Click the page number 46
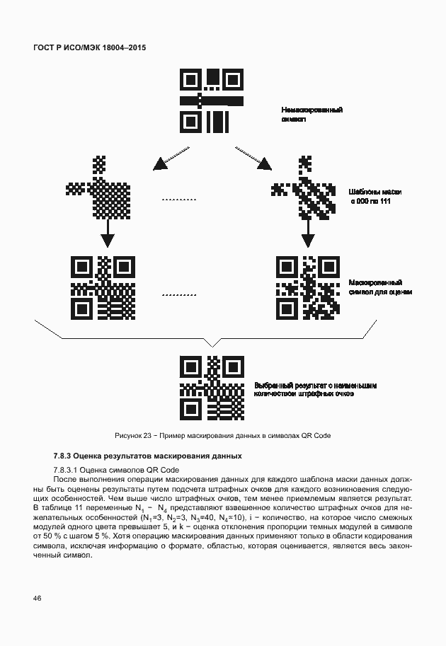(37, 599)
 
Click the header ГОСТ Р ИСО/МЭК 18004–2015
(94, 47)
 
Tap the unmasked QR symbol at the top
(212, 100)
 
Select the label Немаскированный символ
(312, 115)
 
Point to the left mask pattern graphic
(99, 186)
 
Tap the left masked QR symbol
(103, 287)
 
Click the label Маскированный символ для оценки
(380, 287)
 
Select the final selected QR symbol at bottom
(212, 388)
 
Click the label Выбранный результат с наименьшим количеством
(316, 388)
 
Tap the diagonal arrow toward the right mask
(253, 158)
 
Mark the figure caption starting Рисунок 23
(222, 435)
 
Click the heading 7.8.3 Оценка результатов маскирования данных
(147, 456)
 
